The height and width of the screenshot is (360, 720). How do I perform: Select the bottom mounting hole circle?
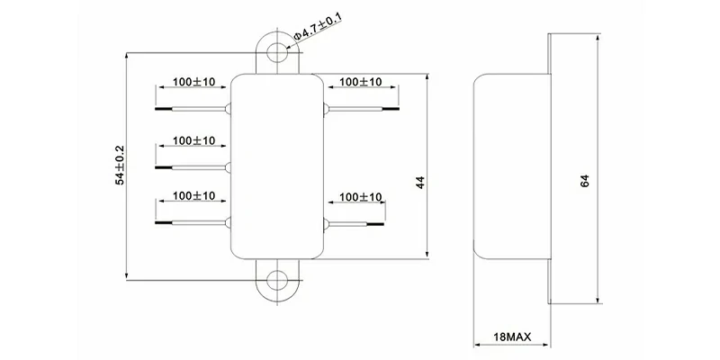[x=280, y=278]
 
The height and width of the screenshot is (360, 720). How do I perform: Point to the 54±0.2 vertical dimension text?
[x=121, y=165]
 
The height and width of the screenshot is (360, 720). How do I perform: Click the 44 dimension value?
[x=418, y=183]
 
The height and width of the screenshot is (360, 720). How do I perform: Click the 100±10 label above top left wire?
[x=193, y=82]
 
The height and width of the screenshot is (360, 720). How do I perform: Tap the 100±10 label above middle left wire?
[x=193, y=140]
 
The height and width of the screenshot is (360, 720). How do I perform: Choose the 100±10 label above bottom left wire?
[x=193, y=194]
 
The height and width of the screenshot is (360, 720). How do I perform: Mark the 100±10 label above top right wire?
[x=360, y=82]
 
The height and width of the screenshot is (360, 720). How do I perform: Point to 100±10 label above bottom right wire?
[x=360, y=197]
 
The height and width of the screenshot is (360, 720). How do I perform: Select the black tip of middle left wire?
[x=163, y=166]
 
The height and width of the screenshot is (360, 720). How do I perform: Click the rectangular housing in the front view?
[x=280, y=165]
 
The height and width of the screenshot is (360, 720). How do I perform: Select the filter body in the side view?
[x=508, y=165]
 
